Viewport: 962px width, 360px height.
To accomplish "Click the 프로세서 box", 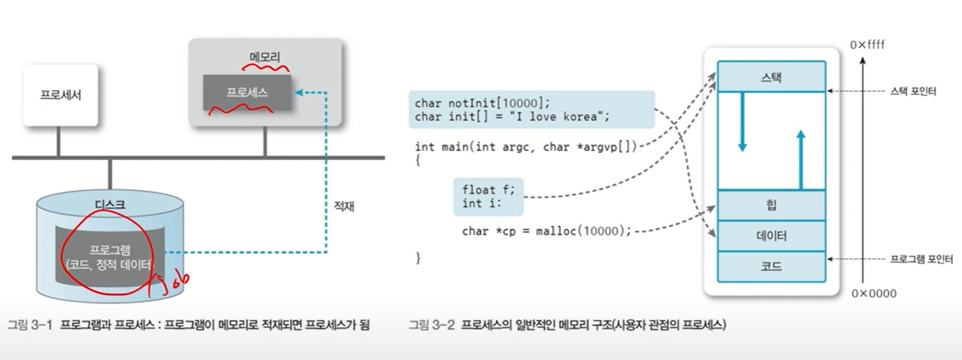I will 61,95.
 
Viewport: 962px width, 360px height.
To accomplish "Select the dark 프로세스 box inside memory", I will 247,92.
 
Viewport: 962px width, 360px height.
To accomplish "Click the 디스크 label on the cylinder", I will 109,204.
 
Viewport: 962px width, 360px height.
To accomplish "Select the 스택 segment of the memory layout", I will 771,76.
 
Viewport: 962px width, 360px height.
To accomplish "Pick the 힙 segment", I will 771,206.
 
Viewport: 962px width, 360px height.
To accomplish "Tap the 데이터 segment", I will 771,236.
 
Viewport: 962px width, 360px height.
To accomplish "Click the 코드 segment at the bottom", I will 771,266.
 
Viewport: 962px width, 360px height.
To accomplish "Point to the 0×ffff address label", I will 867,45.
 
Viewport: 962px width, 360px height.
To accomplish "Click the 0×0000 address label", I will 874,294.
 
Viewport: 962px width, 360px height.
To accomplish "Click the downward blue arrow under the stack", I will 742,124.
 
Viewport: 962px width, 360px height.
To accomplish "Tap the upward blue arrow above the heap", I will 800,157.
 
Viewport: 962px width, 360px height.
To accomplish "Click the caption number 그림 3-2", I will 432,324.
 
